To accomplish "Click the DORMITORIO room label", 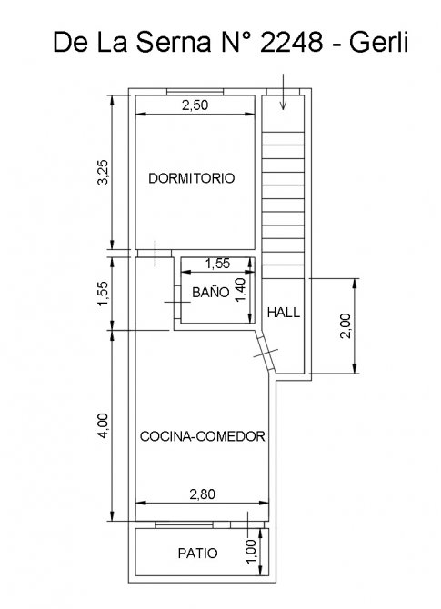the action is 192,178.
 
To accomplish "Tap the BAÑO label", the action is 211,292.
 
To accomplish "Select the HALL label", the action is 284,313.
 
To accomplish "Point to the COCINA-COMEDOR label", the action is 203,436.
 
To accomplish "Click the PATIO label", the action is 198,553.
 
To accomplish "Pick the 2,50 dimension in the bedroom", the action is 195,105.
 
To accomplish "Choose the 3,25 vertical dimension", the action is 104,173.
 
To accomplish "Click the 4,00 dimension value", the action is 104,426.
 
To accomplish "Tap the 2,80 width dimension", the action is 202,494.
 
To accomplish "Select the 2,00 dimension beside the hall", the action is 345,326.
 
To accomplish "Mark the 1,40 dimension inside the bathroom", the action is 240,289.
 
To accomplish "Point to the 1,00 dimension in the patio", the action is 251,551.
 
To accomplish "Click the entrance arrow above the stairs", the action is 283,92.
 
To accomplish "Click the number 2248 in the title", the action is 291,42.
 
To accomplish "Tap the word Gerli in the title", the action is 378,42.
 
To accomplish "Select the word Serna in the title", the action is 173,42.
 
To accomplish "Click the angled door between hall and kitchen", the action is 266,353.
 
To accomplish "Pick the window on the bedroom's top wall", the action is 195,92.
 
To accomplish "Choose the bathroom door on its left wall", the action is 177,302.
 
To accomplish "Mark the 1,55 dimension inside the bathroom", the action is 217,264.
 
